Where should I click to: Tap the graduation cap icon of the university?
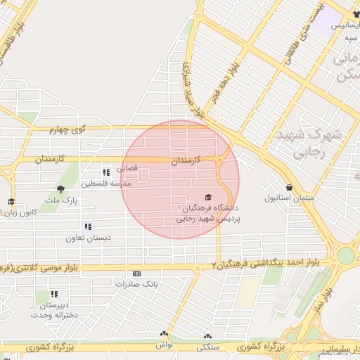[208, 198]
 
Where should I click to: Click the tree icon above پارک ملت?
[60, 188]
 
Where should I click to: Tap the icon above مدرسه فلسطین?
[106, 172]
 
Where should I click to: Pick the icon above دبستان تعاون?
[88, 226]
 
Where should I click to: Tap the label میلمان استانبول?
[269, 198]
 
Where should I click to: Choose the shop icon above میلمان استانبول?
[269, 186]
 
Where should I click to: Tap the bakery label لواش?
[164, 345]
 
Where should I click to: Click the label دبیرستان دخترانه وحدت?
[48, 310]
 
